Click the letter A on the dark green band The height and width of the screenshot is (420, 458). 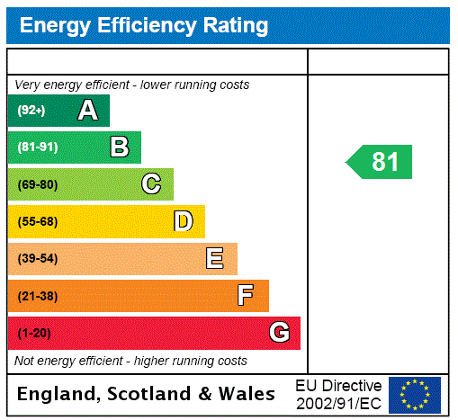click(87, 111)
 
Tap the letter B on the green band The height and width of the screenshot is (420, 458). click(120, 147)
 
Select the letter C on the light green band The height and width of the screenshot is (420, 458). click(151, 184)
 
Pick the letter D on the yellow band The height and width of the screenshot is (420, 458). click(183, 221)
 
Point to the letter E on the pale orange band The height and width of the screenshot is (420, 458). click(215, 259)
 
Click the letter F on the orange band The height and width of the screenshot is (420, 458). click(246, 296)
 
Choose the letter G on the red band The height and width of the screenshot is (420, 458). click(279, 333)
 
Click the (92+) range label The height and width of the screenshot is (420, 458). click(31, 111)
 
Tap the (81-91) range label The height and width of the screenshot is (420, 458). click(37, 147)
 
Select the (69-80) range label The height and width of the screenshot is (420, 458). click(37, 184)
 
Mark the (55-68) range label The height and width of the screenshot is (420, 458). click(37, 221)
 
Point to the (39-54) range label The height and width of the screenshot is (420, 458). click(37, 259)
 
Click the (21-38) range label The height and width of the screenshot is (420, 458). click(37, 296)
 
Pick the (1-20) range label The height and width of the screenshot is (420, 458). click(34, 334)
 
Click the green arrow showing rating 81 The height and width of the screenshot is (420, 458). click(380, 162)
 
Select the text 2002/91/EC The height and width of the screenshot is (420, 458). click(338, 403)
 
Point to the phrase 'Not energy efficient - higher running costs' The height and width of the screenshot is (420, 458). click(130, 361)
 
